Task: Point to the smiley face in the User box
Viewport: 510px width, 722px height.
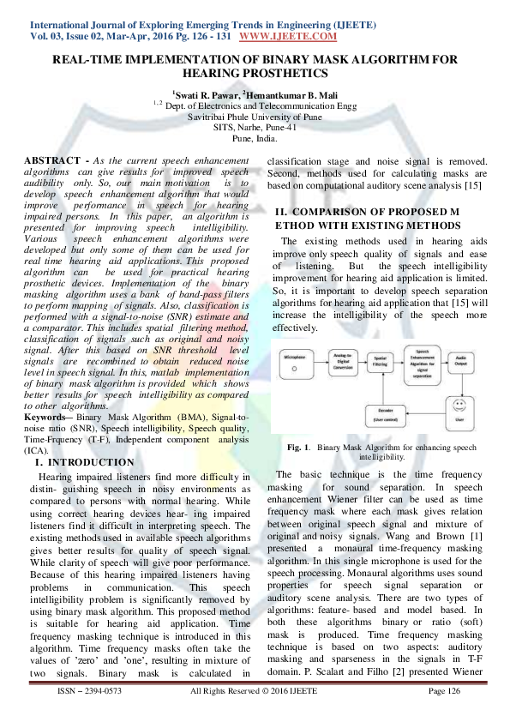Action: pos(460,402)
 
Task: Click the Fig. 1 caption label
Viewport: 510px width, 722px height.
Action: pos(297,448)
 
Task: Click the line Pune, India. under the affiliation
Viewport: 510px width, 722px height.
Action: pos(255,137)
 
